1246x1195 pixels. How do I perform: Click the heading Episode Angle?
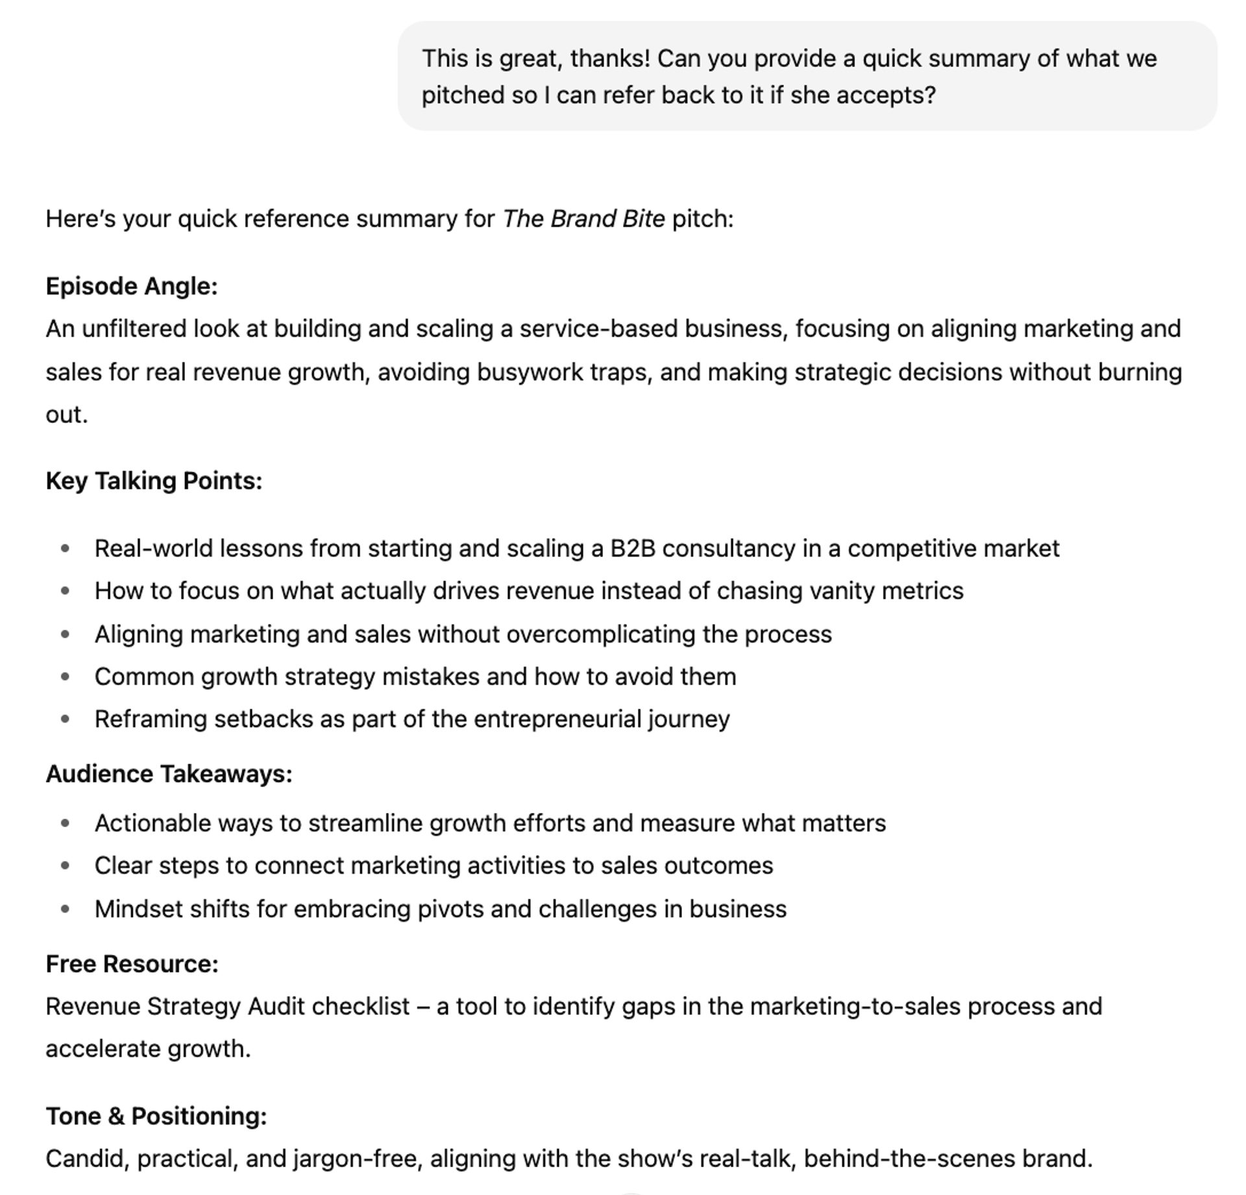[x=131, y=286]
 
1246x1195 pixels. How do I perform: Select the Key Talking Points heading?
[x=154, y=481]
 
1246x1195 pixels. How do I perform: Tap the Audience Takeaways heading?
[x=169, y=774]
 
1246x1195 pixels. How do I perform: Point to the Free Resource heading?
[x=132, y=964]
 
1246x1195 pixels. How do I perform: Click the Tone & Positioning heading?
[x=156, y=1116]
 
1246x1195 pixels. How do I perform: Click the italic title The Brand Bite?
[x=583, y=219]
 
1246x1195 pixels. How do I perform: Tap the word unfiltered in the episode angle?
[x=134, y=329]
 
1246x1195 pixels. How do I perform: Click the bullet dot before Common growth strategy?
[x=65, y=677]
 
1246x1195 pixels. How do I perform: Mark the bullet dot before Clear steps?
[x=65, y=866]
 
